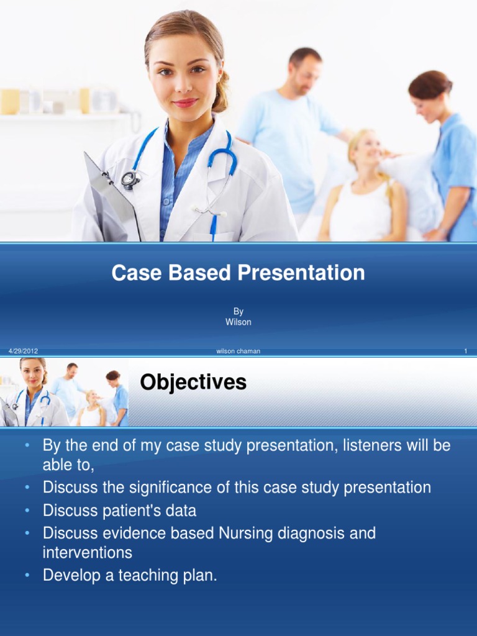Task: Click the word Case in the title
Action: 132,273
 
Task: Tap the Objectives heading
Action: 193,383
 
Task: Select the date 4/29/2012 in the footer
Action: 23,352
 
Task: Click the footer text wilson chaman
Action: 238,352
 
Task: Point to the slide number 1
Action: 465,352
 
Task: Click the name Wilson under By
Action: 238,322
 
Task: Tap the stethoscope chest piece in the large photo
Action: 130,179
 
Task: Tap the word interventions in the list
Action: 88,552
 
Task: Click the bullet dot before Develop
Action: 27,576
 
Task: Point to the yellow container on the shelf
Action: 9,101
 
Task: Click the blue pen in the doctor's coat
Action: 213,227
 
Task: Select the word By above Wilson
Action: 238,312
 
